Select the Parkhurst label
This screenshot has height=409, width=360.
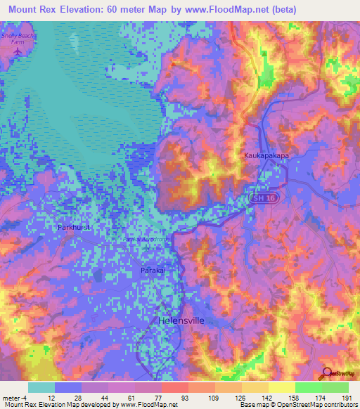(x=75, y=228)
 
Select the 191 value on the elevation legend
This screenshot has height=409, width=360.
(x=347, y=398)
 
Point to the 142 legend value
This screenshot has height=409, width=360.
(x=266, y=398)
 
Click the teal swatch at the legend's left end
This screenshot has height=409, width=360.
(x=41, y=387)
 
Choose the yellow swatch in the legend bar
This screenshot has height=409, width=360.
(x=281, y=387)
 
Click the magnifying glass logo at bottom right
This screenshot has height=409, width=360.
(x=327, y=375)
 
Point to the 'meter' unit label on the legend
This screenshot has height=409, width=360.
(x=10, y=398)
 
